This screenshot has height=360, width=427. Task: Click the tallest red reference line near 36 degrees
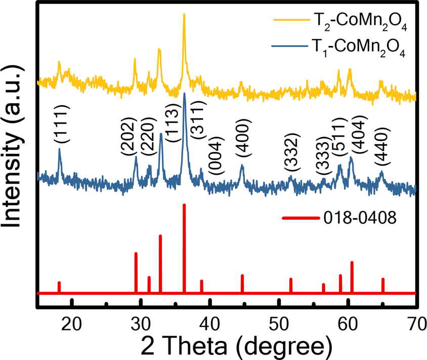(184, 248)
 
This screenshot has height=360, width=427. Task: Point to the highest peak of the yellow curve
(184, 15)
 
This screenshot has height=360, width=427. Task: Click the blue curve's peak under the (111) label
(59, 150)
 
